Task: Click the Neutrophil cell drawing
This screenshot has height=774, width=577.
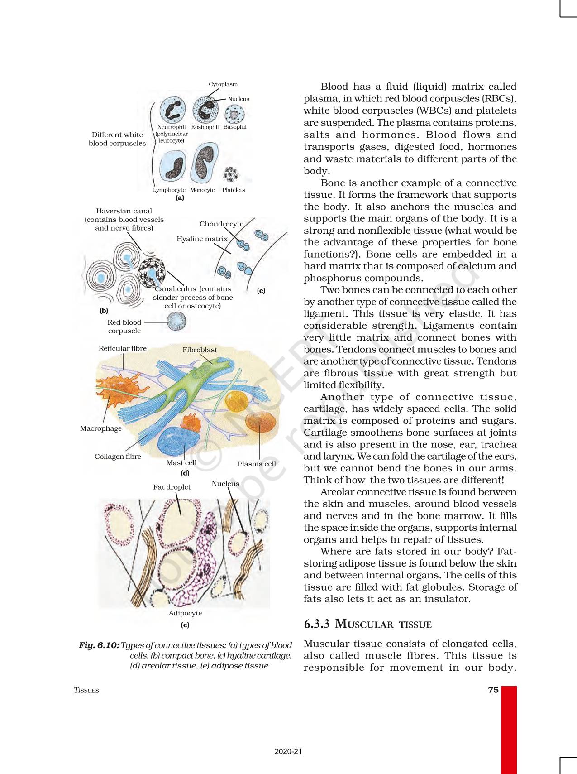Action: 172,110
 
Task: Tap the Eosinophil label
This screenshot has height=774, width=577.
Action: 205,127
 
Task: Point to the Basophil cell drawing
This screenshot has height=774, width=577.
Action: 234,114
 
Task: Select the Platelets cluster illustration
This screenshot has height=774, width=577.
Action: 231,174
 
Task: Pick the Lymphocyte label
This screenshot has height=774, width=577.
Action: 168,190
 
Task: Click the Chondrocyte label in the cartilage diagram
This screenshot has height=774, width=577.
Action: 221,224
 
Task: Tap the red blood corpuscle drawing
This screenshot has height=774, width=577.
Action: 176,322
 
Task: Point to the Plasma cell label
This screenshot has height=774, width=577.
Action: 257,464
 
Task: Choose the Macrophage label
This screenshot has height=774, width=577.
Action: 101,428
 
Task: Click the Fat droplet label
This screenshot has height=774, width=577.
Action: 172,487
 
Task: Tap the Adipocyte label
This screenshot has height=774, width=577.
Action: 185,613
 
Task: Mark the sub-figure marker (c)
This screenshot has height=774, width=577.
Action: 261,291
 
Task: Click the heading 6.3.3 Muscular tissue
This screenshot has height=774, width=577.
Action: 367,624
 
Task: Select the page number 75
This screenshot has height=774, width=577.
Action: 493,690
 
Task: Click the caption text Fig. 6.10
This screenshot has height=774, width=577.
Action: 99,645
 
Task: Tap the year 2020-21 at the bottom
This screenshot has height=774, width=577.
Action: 288,751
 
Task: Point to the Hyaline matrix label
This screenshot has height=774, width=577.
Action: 202,239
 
